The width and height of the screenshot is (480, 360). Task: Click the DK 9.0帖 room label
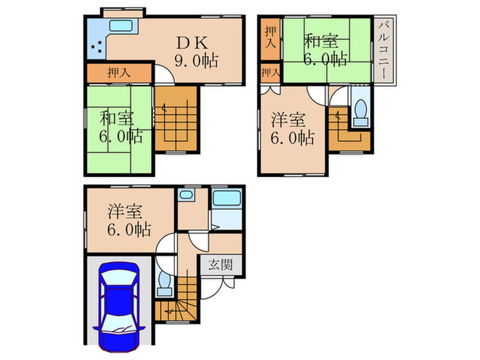tap(196, 51)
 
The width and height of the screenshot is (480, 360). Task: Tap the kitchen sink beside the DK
tap(123, 29)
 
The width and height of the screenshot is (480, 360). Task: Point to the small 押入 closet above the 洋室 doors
tap(270, 72)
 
